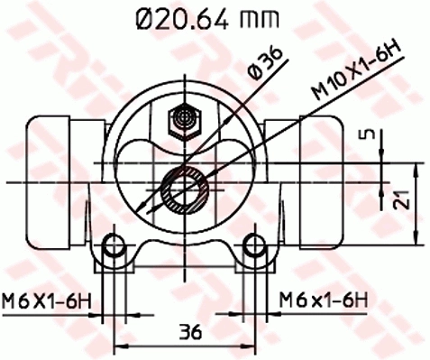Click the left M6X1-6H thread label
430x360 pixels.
pos(48,299)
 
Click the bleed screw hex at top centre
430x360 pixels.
pos(185,118)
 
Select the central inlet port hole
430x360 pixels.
pos(185,189)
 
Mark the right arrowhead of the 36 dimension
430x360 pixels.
pos(252,346)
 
